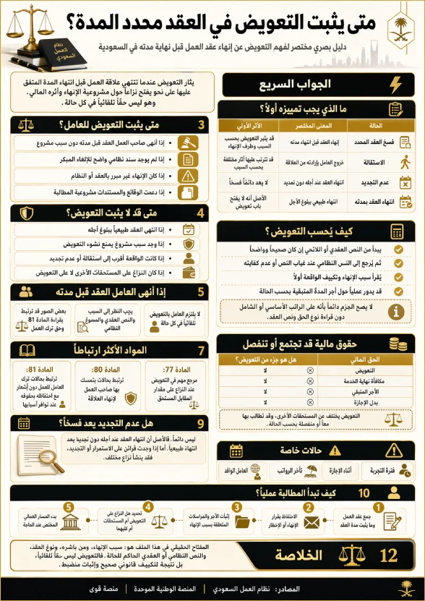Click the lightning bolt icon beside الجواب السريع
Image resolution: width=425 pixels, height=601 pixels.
click(x=395, y=85)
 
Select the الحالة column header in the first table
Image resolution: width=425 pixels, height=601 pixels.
click(x=375, y=124)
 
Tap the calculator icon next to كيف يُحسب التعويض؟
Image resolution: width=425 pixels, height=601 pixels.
click(x=396, y=231)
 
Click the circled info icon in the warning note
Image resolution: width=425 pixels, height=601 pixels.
click(x=395, y=311)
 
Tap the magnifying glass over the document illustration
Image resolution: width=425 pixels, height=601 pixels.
click(x=48, y=456)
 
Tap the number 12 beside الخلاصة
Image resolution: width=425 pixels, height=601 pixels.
click(x=389, y=555)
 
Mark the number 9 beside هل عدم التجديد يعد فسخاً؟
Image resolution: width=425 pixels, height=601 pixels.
click(x=202, y=422)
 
